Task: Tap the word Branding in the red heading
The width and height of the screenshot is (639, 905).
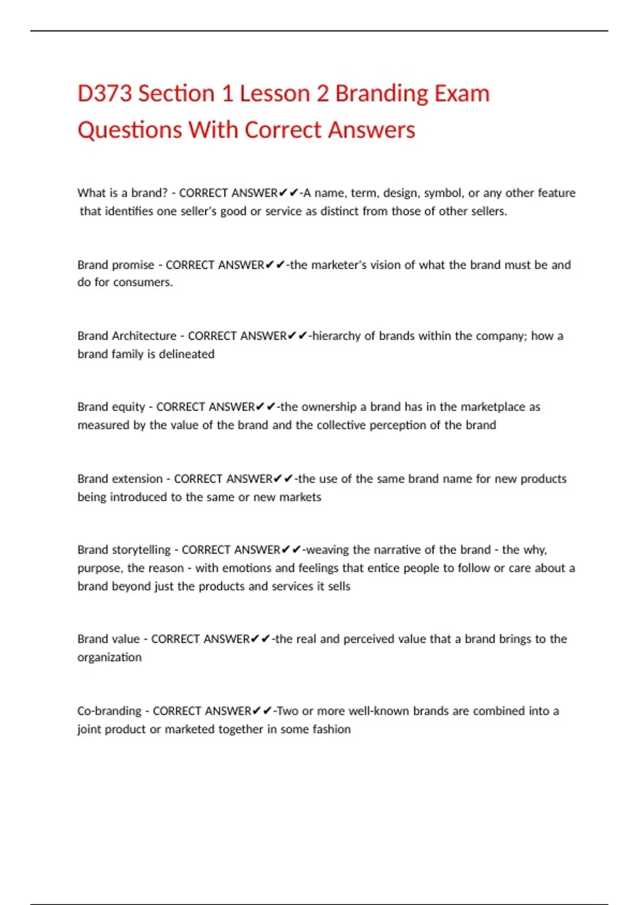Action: pos(381,94)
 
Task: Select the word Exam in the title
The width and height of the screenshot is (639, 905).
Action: pos(462,94)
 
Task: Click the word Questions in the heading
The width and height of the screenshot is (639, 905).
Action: pos(129,130)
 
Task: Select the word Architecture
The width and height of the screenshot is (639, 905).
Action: pos(144,336)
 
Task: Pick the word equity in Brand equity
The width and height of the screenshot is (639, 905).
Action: pos(128,407)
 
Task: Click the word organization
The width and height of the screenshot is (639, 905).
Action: pos(109,657)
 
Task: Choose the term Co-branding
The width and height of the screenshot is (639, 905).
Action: pos(109,711)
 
